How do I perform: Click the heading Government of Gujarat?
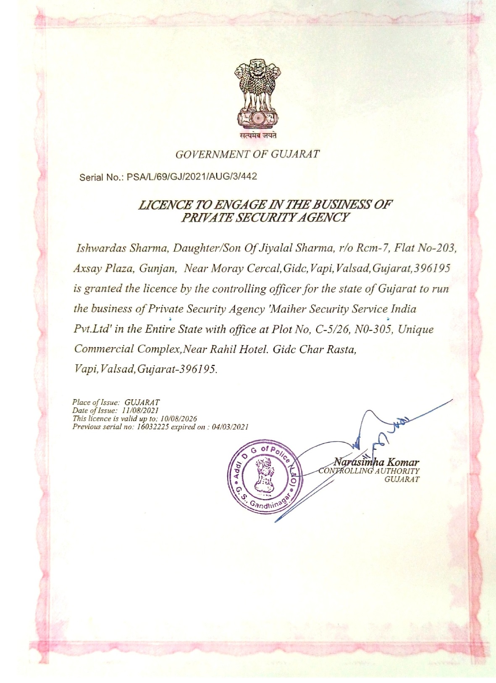[x=247, y=154]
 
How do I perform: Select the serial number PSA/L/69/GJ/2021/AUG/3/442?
[x=192, y=177]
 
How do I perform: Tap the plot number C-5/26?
[x=330, y=329]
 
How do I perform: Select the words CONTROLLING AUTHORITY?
[x=369, y=471]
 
